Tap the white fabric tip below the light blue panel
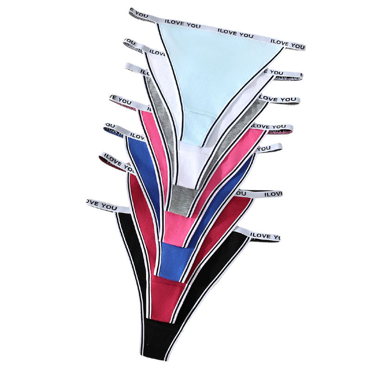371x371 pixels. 195,162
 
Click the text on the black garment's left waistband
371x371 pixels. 102,204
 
